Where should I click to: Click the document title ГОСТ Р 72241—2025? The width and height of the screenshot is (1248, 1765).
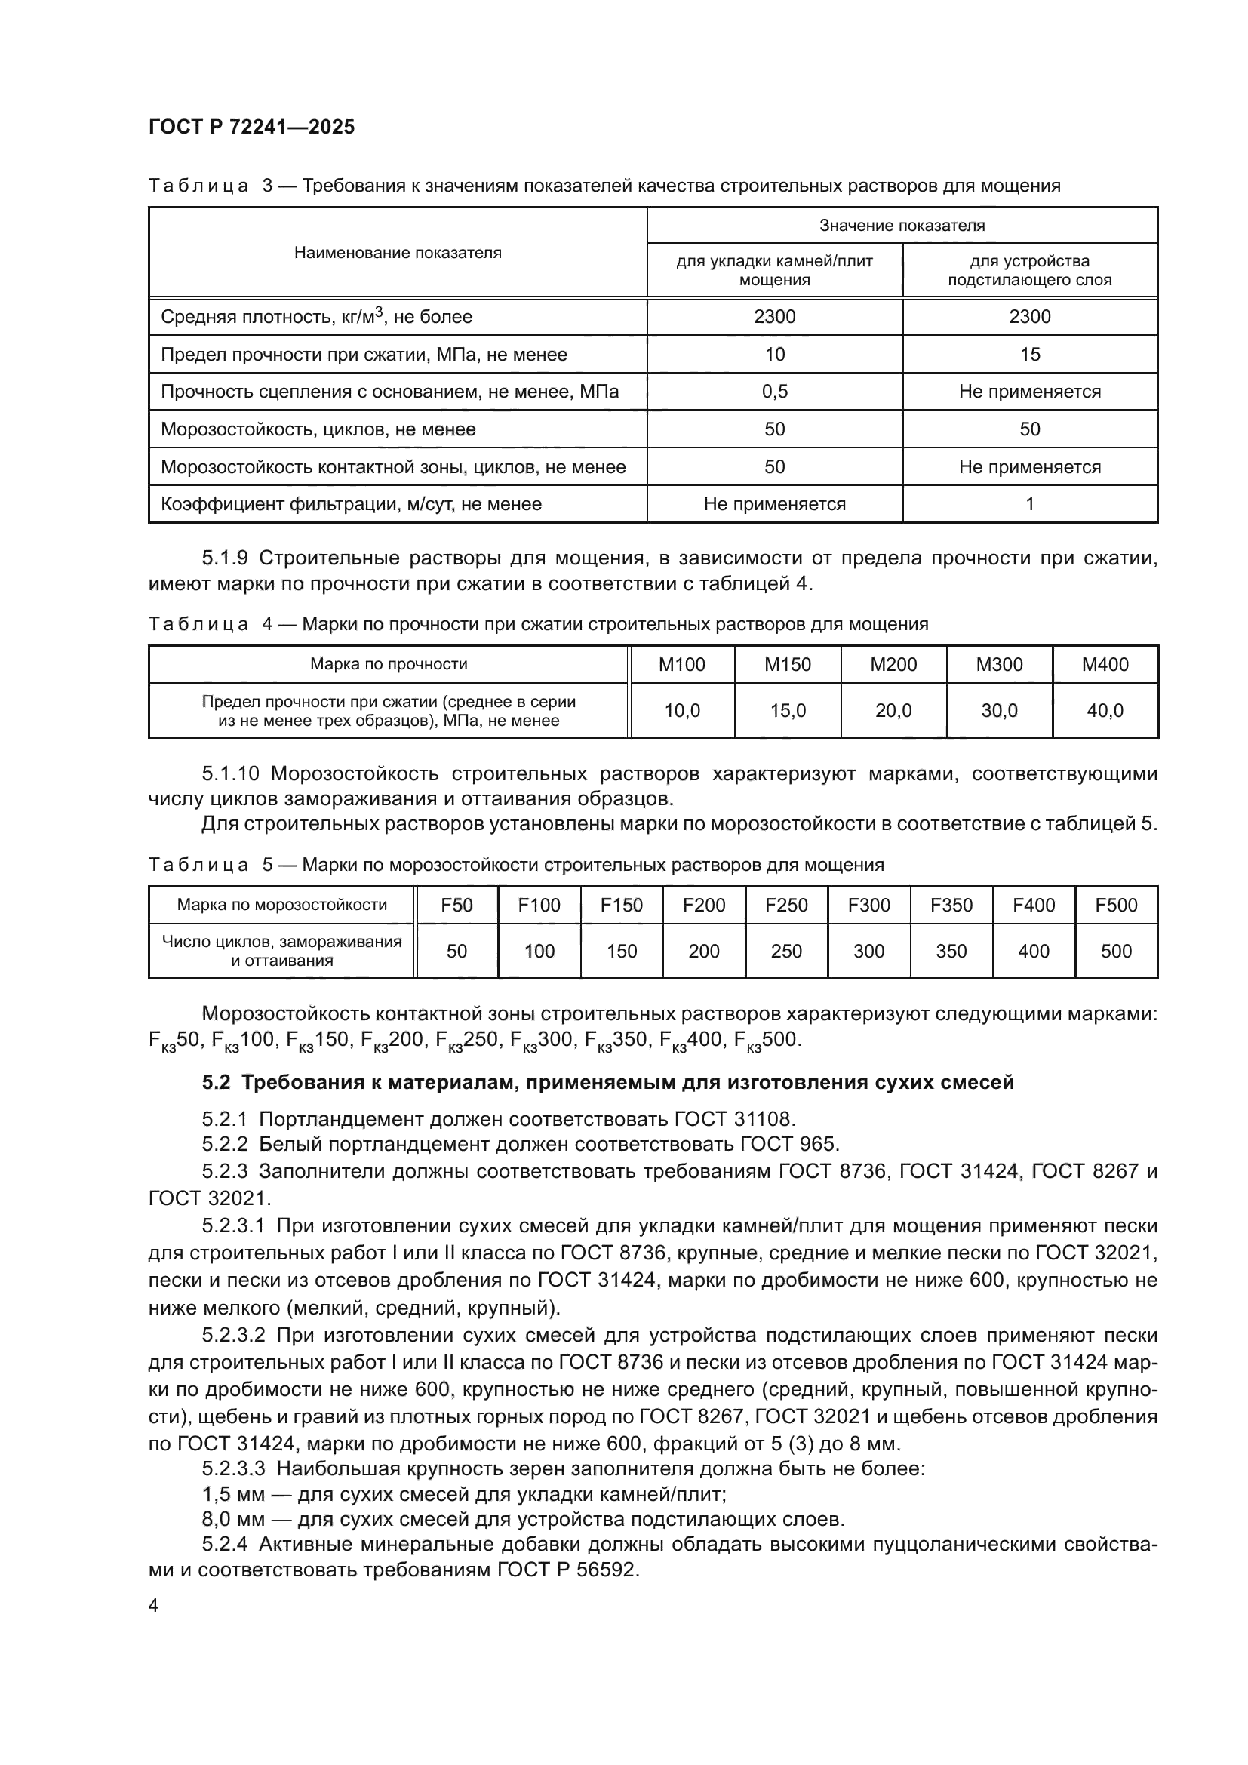coord(251,127)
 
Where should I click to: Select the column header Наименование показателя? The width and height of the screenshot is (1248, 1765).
coord(398,252)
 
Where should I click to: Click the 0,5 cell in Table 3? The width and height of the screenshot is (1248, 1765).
coord(775,392)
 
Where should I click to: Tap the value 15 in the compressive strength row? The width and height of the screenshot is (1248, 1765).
coord(1030,355)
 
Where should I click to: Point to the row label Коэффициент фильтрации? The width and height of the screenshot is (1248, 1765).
coord(351,504)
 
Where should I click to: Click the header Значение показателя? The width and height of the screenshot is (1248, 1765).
coord(902,225)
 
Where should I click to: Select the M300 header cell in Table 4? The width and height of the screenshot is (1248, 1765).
coord(999,665)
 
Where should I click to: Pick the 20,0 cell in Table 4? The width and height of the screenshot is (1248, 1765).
coord(893,711)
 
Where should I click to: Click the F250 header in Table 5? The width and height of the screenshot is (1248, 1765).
coord(786,905)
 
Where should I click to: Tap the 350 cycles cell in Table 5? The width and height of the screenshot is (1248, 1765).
coord(951,952)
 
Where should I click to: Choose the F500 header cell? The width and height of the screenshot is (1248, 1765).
coord(1116,905)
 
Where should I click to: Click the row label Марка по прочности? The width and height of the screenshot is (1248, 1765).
coord(389,665)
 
